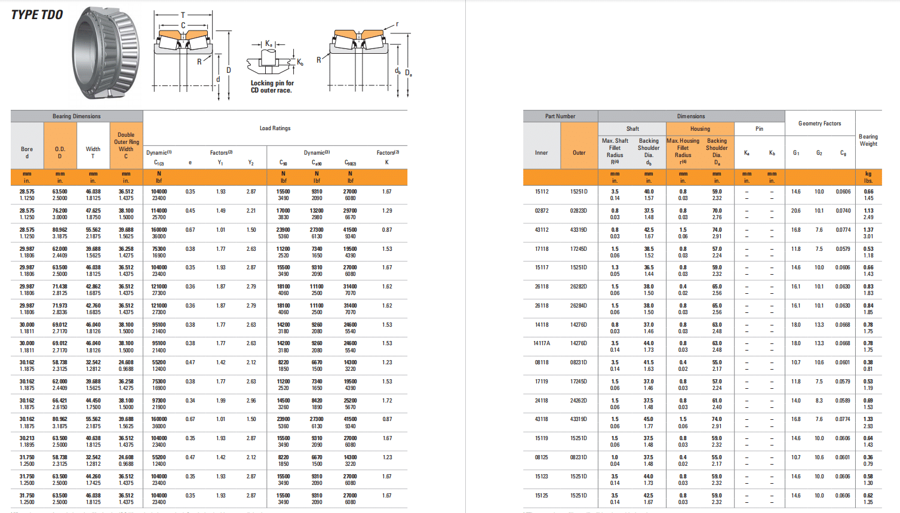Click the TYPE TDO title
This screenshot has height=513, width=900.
click(x=37, y=15)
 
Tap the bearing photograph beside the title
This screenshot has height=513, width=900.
click(x=106, y=53)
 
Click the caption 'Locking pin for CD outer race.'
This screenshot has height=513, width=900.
click(x=272, y=87)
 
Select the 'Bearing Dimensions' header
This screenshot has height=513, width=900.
click(x=76, y=116)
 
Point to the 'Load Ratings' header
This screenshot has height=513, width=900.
click(x=275, y=128)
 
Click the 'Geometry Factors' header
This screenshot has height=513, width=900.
click(x=819, y=124)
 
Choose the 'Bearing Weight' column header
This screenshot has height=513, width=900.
click(x=868, y=140)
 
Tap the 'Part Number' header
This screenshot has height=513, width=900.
click(x=560, y=116)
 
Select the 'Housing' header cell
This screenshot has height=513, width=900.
click(x=700, y=129)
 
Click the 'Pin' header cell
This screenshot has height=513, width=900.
click(x=759, y=129)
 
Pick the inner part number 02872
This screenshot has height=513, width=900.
click(x=542, y=211)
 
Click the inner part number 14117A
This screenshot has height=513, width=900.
click(x=542, y=343)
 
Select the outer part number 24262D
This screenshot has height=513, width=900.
click(x=579, y=401)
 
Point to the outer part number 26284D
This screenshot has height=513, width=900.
click(x=579, y=306)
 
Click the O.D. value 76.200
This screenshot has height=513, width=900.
click(x=60, y=211)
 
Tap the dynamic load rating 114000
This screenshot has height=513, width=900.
click(x=159, y=211)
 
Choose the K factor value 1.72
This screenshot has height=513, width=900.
click(x=387, y=401)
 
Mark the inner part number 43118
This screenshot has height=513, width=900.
click(x=542, y=419)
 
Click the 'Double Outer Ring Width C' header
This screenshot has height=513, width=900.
click(x=126, y=146)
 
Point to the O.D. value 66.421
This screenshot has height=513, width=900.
click(x=60, y=401)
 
